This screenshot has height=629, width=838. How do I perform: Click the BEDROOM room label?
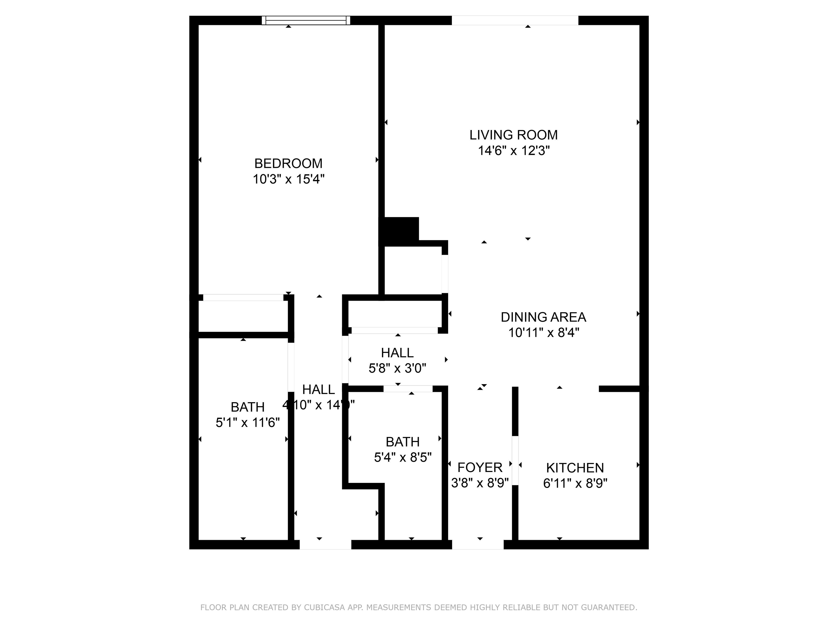(x=288, y=164)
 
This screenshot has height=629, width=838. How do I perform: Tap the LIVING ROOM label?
(x=513, y=135)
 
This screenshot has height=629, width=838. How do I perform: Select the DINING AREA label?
(x=543, y=317)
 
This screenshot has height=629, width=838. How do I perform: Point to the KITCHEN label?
(x=575, y=468)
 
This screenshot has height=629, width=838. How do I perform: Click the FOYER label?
(x=480, y=467)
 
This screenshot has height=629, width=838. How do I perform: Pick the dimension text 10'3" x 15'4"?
(x=288, y=179)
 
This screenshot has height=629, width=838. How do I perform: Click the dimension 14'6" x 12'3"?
(x=513, y=151)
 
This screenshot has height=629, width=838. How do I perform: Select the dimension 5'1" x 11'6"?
(x=247, y=422)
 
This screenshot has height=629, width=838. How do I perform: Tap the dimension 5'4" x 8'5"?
(x=402, y=458)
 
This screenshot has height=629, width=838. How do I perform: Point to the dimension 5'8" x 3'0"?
(x=397, y=368)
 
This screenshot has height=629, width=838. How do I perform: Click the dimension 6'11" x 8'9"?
(x=575, y=483)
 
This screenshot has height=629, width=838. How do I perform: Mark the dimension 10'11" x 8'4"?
(x=543, y=333)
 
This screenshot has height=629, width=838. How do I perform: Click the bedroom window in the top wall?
(x=306, y=20)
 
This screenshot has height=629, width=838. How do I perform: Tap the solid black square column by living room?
(x=401, y=230)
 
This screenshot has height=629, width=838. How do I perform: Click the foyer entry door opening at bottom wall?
(x=478, y=544)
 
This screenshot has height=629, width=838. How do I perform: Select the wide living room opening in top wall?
(x=515, y=20)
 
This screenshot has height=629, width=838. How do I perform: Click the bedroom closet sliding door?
(x=243, y=298)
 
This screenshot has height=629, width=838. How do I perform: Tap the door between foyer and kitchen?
(x=515, y=461)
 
